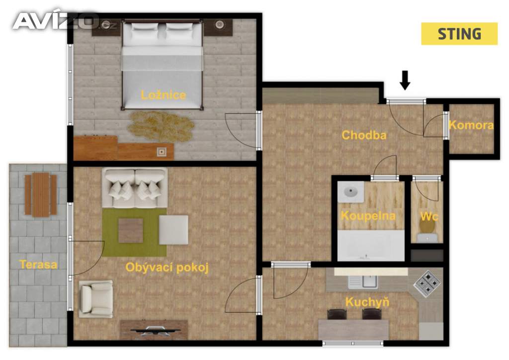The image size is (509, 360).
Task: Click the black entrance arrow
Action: coord(405,80)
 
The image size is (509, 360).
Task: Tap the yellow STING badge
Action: coord(459,34)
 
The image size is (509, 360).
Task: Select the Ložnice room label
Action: coord(163,95)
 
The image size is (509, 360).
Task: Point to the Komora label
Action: coord(471,125)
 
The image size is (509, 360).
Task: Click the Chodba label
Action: coord(364,135)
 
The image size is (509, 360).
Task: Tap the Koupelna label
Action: coord(368,216)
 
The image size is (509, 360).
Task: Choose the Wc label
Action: coord(429,216)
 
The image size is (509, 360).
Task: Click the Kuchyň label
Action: coord(367,302)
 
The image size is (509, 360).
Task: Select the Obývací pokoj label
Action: coord(167,268)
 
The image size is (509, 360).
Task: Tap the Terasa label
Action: coord(38,265)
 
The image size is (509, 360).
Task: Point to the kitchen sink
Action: coord(363,282)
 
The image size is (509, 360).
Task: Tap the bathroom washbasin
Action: coord(350,192)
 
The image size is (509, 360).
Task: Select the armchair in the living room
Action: coord(96,299)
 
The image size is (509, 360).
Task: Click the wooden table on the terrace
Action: coord(41,195)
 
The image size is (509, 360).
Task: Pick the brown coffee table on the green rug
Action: coord(131,231)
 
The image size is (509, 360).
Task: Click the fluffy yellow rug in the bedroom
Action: coord(161,126)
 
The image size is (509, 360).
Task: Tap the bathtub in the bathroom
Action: coord(371,246)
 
